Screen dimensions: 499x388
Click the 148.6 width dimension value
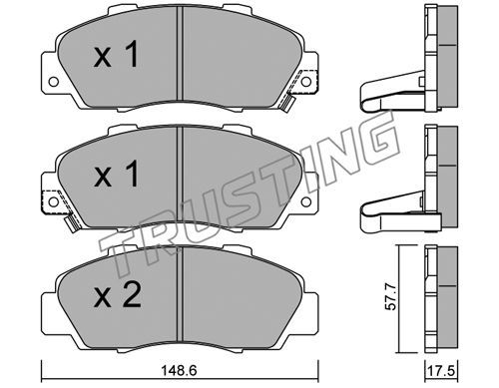pos(179,370)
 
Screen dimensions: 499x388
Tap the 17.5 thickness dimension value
pos(442,370)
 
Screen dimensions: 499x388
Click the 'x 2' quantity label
pos(117,296)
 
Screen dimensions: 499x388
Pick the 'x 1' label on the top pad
pos(116,54)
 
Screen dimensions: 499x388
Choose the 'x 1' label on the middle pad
pos(116,174)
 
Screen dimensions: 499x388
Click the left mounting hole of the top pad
pos(54,82)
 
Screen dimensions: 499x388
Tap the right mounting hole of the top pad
pos(306,82)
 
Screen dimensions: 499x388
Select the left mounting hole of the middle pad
pos(54,201)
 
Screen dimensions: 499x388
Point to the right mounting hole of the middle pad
pos(306,201)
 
